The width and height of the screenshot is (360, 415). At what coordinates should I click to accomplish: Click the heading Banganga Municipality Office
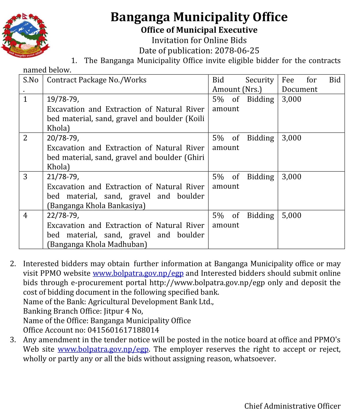pos(199,17)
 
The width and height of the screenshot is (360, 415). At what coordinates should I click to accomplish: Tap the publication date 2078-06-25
pos(237,51)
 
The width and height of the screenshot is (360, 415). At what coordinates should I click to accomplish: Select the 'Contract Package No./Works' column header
pos(97,80)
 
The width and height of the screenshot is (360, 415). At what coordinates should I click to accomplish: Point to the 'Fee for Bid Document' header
pos(311,84)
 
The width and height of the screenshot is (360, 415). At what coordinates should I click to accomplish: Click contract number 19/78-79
pos(63,99)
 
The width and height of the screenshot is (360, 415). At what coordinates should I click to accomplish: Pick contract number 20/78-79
pos(63,138)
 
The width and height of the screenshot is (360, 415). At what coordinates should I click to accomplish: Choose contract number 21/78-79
pos(63,177)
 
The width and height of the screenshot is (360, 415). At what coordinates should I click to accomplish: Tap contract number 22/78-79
pos(63,215)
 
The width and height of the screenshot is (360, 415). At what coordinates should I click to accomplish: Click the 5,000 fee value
pos(291,215)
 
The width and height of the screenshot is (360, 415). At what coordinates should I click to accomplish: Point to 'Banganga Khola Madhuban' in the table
pos(97,244)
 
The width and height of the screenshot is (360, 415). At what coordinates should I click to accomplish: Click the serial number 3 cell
pos(25,177)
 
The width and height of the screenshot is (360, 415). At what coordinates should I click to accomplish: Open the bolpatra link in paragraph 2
pos(138,273)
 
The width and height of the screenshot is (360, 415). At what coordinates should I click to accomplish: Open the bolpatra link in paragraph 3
pos(103,349)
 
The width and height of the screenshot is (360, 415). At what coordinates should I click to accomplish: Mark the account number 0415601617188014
pos(123,330)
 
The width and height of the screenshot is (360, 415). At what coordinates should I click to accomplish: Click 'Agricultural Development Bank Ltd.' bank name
pos(151,302)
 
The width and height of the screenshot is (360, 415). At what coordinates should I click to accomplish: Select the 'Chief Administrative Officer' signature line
pos(292,406)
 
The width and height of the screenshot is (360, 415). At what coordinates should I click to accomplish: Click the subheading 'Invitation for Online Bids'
pos(199,40)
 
